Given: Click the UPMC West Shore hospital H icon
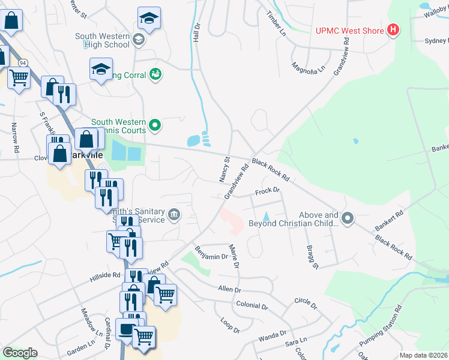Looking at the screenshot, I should (393, 29).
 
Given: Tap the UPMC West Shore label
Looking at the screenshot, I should (352, 30).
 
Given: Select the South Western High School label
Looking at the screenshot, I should (102, 40).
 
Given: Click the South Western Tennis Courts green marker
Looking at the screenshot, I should (155, 125).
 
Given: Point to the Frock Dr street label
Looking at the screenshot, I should (268, 191).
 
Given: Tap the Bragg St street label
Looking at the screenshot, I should (312, 256).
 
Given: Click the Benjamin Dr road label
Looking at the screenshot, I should (212, 253).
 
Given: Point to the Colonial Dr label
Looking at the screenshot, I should (252, 305).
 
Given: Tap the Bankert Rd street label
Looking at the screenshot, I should (390, 221).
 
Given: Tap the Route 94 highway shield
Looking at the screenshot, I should (23, 62).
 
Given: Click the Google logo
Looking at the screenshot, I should (20, 353).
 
